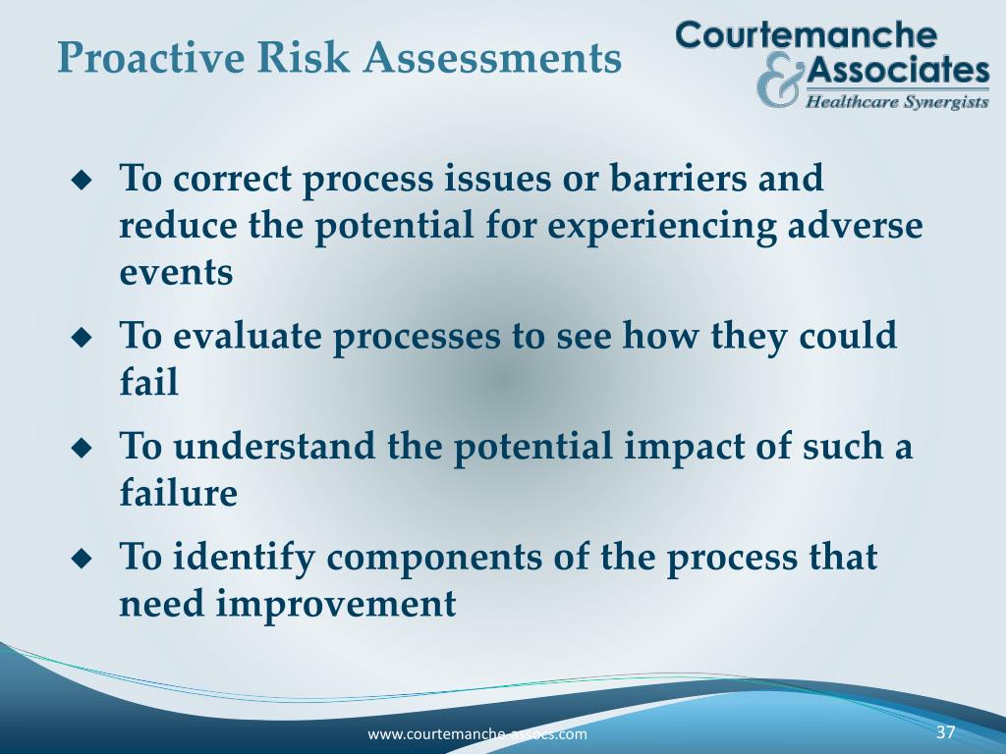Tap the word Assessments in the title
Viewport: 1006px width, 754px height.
click(492, 58)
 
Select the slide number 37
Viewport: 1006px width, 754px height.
click(946, 732)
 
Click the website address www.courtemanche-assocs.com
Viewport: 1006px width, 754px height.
click(477, 734)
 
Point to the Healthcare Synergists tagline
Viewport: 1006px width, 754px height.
click(897, 100)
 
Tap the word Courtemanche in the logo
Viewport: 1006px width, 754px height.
click(806, 35)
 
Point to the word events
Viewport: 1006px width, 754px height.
click(176, 273)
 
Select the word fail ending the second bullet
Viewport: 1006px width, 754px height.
click(148, 382)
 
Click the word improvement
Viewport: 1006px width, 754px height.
click(335, 604)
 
